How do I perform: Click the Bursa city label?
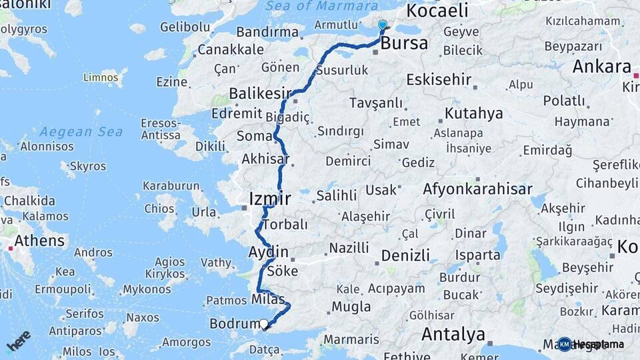click(x=404, y=45)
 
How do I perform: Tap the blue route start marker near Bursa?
click(x=382, y=25)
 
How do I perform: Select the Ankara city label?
click(x=601, y=67)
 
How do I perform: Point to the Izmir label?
click(x=269, y=199)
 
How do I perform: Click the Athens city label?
click(x=39, y=241)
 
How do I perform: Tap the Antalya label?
click(x=453, y=333)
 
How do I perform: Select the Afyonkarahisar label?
click(x=477, y=189)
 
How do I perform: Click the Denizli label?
click(x=405, y=255)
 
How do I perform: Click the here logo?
click(x=18, y=341)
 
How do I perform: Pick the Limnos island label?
click(x=101, y=77)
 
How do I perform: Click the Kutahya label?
click(x=473, y=113)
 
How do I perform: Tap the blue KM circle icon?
click(x=565, y=344)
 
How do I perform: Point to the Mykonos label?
click(x=147, y=289)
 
